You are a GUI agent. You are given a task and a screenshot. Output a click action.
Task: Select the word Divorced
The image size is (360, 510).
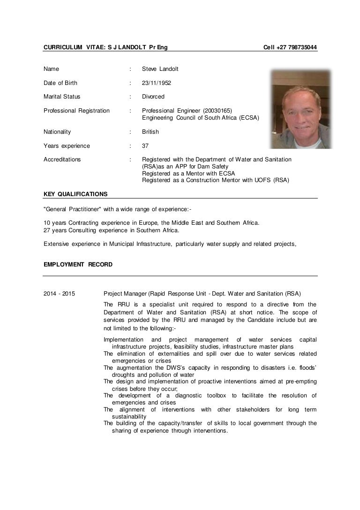(x=153, y=97)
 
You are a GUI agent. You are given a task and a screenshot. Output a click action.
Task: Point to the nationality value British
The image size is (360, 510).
(x=150, y=132)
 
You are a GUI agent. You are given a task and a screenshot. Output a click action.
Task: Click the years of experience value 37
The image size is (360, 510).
(x=145, y=146)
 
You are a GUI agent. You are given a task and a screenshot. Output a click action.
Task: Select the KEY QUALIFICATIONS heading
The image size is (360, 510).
(x=75, y=194)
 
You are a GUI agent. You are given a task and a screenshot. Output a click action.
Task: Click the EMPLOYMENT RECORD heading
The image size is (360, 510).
(x=78, y=264)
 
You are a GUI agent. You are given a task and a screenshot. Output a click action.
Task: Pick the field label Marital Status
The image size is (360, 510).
(x=62, y=97)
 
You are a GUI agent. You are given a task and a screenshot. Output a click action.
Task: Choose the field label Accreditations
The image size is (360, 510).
(x=62, y=160)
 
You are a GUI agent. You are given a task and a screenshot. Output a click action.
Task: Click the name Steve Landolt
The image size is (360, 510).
(x=160, y=69)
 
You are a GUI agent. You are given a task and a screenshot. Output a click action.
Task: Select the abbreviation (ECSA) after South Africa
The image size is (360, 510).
(x=247, y=117)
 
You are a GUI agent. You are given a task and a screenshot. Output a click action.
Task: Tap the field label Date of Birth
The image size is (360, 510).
(x=60, y=83)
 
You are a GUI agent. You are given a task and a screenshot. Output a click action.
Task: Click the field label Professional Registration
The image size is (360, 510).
(x=76, y=111)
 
